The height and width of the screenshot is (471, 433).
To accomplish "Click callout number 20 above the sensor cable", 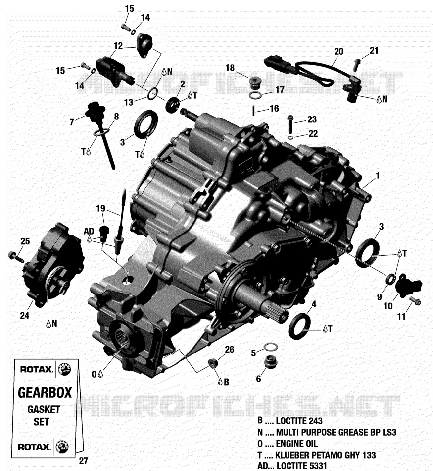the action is (x=338, y=52).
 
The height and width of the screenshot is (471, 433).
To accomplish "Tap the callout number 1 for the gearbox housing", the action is (x=378, y=176).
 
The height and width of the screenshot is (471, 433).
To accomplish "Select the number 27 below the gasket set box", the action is (x=83, y=461).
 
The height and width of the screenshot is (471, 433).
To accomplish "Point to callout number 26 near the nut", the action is (x=230, y=350).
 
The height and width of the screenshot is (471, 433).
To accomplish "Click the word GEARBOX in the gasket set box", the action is (x=45, y=393).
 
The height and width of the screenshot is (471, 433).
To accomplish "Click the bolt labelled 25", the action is (x=16, y=256).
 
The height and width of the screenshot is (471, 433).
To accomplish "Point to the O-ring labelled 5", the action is (x=271, y=347).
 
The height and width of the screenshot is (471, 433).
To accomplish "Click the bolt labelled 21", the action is (x=356, y=64).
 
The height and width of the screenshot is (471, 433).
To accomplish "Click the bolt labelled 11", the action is (x=415, y=300).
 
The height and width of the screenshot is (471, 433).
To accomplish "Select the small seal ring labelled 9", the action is (x=390, y=279).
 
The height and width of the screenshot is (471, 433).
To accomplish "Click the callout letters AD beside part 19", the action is (x=89, y=232).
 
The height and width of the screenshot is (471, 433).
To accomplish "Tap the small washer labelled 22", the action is (x=290, y=138).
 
